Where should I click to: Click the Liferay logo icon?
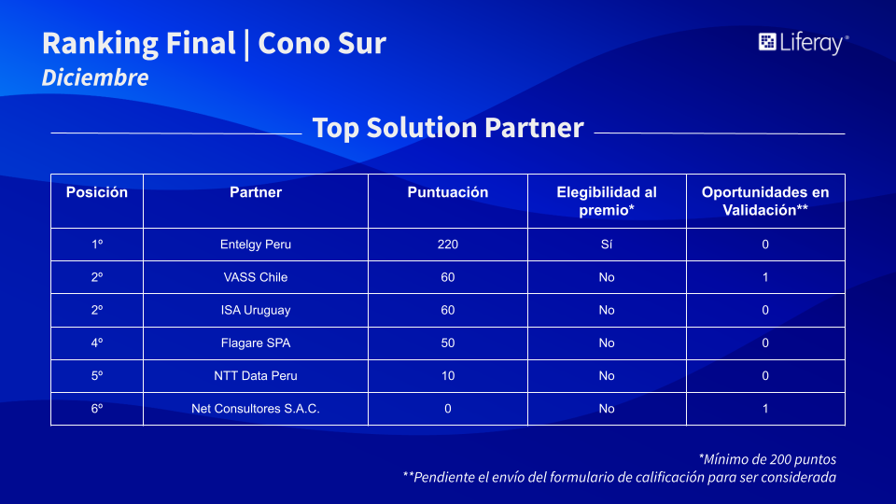(767, 42)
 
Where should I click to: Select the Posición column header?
(96, 192)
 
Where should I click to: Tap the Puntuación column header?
(447, 192)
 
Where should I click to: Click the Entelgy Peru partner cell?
(256, 245)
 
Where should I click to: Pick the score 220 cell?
(447, 245)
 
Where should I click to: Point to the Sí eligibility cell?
(607, 245)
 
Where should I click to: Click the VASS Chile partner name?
(256, 277)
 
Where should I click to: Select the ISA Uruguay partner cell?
(256, 310)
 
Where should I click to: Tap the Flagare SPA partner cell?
(256, 343)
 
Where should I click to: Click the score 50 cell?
(447, 343)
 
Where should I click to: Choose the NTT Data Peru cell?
(256, 376)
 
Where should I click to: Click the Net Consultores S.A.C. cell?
(256, 409)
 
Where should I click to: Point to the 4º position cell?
(96, 343)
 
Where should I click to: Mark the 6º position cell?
(96, 409)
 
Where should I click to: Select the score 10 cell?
(447, 376)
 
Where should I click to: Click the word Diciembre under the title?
(95, 77)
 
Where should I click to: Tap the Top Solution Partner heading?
(448, 128)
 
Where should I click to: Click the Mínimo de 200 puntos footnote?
(767, 459)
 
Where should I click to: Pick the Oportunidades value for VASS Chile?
(765, 277)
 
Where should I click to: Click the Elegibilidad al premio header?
(607, 202)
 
